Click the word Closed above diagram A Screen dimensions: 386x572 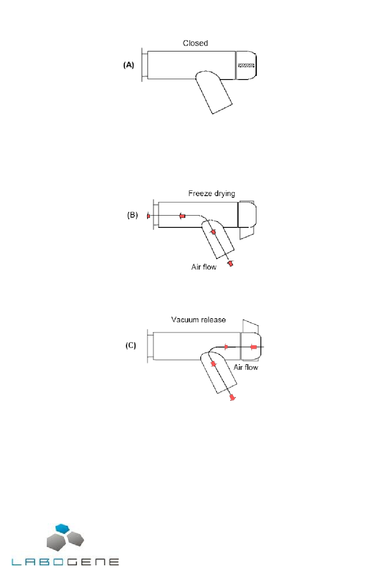coord(195,43)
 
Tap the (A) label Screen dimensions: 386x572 coord(128,65)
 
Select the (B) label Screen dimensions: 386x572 coord(132,215)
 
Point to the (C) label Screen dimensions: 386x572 coord(130,345)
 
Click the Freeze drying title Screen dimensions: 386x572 coord(212,194)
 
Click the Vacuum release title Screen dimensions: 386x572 coord(198,320)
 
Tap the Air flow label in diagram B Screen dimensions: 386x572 coord(204,267)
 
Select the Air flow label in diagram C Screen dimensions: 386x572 coord(246,367)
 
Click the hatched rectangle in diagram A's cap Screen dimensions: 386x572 coord(246,66)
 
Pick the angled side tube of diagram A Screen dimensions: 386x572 coord(214,92)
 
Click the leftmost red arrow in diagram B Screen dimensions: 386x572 coord(148,216)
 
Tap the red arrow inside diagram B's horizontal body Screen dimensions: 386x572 coord(182,216)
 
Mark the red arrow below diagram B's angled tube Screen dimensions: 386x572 coord(230,263)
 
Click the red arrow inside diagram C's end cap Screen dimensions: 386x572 coord(253,347)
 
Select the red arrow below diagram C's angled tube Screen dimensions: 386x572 coord(232,397)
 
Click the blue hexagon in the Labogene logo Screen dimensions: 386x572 coord(62,528)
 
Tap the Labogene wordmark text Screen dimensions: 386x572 coord(65,562)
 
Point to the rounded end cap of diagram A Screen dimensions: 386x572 coord(246,65)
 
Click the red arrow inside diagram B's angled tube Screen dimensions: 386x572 coord(213,232)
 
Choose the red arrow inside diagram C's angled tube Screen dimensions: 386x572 coord(213,364)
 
